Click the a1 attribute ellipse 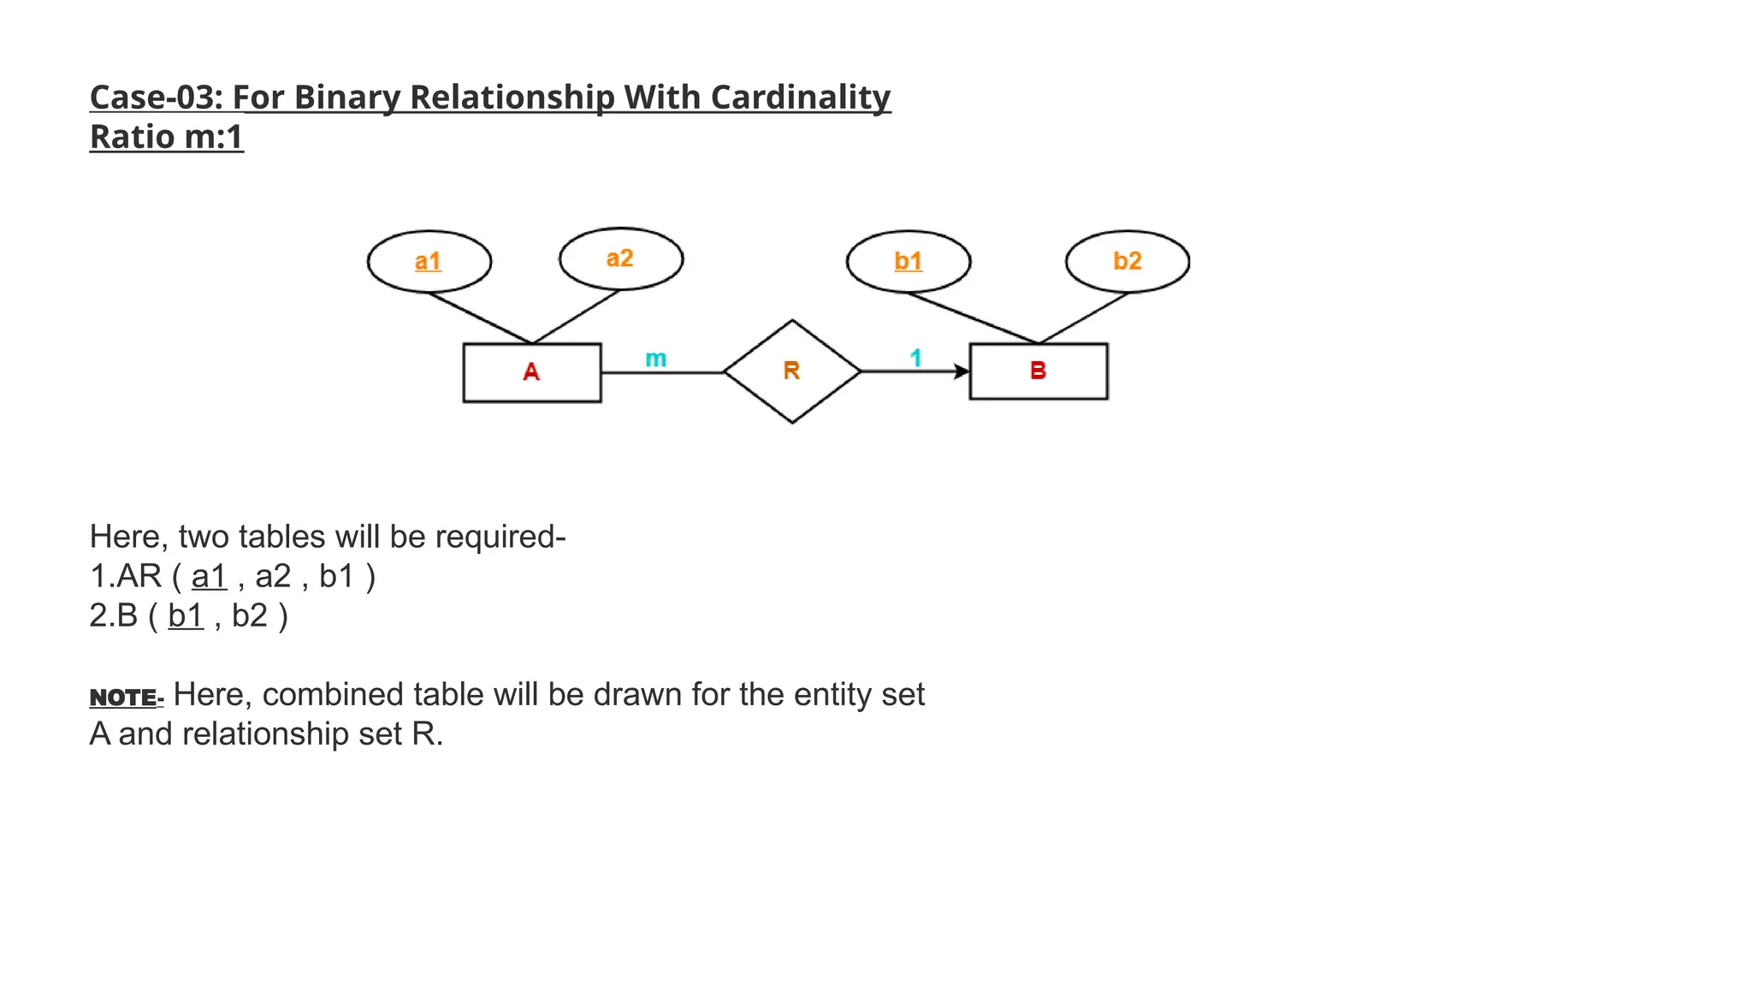click(429, 261)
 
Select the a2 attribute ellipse click(621, 258)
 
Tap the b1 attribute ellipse click(908, 261)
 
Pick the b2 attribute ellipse click(1127, 261)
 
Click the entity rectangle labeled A click(531, 372)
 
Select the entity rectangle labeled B click(1038, 371)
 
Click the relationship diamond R click(791, 371)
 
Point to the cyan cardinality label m click(655, 359)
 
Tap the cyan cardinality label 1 click(915, 358)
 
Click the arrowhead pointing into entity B click(962, 371)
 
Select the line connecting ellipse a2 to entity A click(576, 318)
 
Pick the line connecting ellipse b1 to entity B click(973, 318)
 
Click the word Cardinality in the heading click(800, 98)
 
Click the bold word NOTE click(124, 698)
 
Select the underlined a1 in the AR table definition click(209, 576)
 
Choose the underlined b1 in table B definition click(186, 615)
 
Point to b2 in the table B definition click(249, 615)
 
